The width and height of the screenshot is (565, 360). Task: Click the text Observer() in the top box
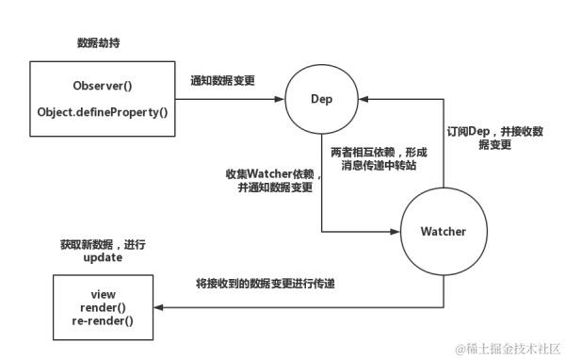pos(102,86)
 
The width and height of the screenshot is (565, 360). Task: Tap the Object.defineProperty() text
pos(102,112)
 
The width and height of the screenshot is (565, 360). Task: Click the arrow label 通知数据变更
pos(222,81)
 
